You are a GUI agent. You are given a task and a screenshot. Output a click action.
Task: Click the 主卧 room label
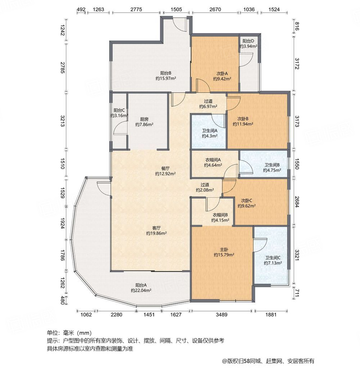[224, 249]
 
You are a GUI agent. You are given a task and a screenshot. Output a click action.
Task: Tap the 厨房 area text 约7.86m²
[144, 124]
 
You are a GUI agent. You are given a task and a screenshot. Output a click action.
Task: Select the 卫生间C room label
[273, 258]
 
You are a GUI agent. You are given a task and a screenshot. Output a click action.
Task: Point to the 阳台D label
[248, 41]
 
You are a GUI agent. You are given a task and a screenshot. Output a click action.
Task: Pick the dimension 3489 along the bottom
[222, 315]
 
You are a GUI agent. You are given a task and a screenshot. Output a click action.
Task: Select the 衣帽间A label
[213, 160]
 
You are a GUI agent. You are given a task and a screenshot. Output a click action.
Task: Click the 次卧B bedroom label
[243, 119]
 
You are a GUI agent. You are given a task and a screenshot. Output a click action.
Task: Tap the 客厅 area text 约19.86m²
[156, 233]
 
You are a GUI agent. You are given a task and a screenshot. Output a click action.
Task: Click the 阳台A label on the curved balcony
[141, 285]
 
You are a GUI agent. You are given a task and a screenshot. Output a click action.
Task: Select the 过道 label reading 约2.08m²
[205, 190]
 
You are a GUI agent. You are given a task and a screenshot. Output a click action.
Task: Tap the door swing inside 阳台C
[119, 128]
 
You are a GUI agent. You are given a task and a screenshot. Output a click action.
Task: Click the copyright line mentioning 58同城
[268, 361]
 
